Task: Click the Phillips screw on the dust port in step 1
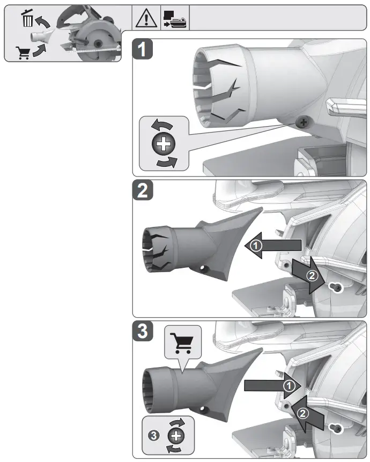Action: pyautogui.click(x=304, y=123)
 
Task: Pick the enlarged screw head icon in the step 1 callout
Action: pyautogui.click(x=164, y=144)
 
